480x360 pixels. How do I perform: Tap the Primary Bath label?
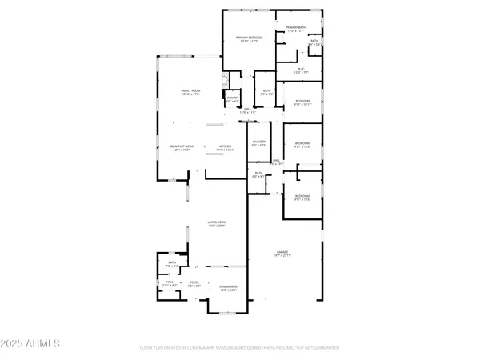tap(291, 29)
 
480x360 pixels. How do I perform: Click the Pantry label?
tap(232, 100)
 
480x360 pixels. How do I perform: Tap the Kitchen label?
tap(226, 148)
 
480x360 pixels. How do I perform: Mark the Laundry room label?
tap(258, 144)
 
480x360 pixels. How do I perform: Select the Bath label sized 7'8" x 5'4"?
tap(172, 263)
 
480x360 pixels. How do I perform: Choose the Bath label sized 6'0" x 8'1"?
tap(258, 174)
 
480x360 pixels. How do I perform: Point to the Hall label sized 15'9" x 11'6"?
tap(248, 110)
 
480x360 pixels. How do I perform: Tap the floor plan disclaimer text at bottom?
tap(240, 348)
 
